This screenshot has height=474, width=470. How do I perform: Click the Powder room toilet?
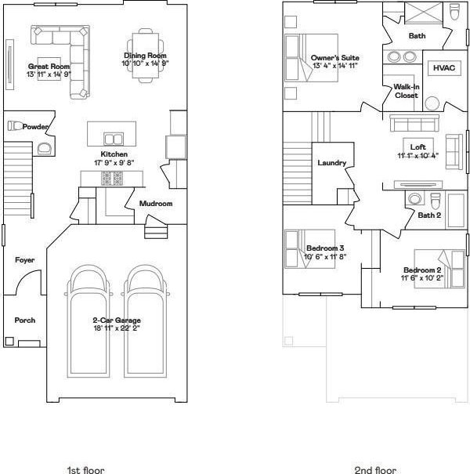click(x=15, y=125)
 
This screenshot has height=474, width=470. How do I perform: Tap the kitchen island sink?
click(x=114, y=139)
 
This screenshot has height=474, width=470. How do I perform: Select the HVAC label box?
click(x=444, y=68)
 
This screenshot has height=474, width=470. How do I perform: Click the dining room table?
click(x=146, y=56)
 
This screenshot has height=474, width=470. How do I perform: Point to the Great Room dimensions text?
click(x=49, y=74)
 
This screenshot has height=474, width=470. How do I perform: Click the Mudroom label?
click(x=156, y=204)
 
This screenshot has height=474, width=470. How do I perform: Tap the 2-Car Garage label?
click(x=117, y=320)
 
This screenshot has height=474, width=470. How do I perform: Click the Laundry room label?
click(x=331, y=163)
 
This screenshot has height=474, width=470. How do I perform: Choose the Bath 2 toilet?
click(x=435, y=201)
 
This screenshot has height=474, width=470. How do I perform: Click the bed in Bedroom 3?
click(x=309, y=249)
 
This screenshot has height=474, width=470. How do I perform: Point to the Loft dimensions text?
click(x=418, y=155)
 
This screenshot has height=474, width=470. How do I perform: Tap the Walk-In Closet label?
click(x=407, y=91)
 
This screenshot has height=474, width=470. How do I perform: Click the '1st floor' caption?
click(x=85, y=470)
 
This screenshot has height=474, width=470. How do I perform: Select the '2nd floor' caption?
click(x=375, y=470)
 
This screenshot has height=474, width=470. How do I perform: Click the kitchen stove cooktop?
click(x=112, y=179)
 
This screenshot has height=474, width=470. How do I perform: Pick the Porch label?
click(x=25, y=320)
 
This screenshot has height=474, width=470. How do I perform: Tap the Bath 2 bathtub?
click(x=456, y=211)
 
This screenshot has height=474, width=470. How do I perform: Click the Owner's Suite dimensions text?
click(x=335, y=66)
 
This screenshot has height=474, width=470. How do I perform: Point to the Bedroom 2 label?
click(x=422, y=270)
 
